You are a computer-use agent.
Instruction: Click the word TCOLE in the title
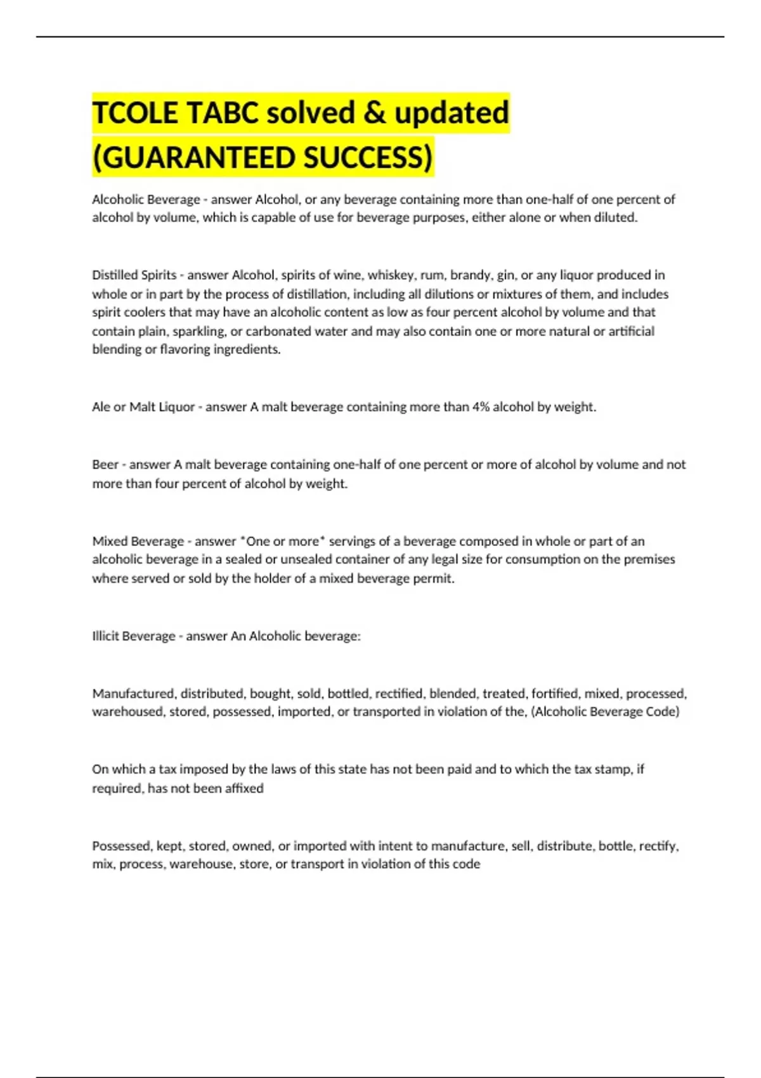tap(135, 113)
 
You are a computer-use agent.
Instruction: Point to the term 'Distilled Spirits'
tap(134, 275)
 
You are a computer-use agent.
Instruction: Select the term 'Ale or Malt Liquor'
tap(143, 407)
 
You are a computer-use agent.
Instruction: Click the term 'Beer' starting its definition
tap(105, 465)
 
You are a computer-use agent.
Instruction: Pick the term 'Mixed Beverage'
tap(138, 542)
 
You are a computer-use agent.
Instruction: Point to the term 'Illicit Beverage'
tap(134, 636)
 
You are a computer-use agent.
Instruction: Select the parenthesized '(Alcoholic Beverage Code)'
tap(605, 711)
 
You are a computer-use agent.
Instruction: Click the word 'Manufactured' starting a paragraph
tap(133, 694)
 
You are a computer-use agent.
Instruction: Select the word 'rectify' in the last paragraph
tap(659, 846)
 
